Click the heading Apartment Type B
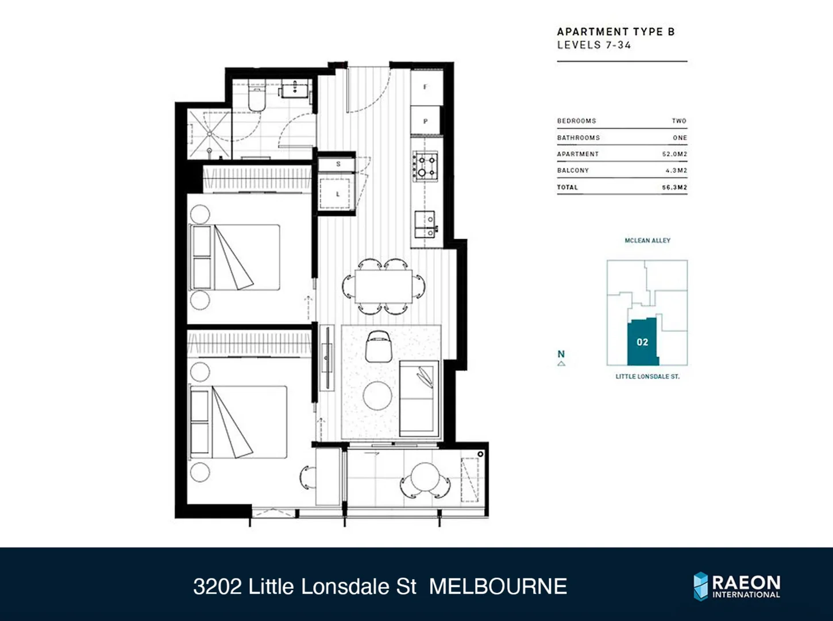[616, 32]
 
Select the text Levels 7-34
[594, 45]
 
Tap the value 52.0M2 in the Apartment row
[674, 154]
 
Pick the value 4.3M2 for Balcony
[676, 171]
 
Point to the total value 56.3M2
[674, 187]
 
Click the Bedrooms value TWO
[679, 121]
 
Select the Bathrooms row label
[578, 138]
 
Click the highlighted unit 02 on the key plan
[642, 342]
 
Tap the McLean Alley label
[647, 240]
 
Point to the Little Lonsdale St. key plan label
[647, 377]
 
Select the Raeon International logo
[737, 586]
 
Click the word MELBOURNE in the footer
[498, 586]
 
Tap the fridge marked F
[426, 87]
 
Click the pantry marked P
[426, 121]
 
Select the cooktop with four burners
[426, 166]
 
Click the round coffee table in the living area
[377, 396]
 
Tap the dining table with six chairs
[383, 286]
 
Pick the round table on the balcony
[426, 477]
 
